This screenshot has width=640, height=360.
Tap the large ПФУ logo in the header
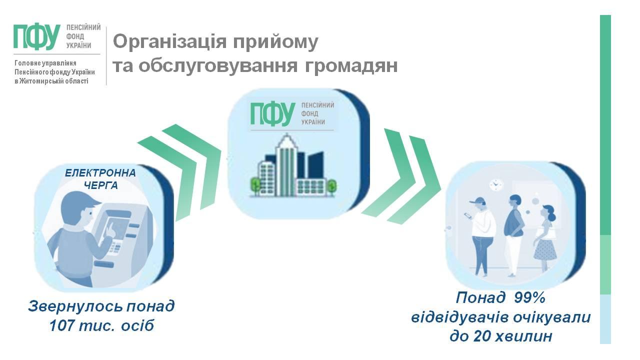pos(37,37)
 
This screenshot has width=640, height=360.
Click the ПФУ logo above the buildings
pos(273,114)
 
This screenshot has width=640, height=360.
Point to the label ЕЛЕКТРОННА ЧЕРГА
pos(100,179)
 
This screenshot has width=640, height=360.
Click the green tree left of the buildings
pos(255,185)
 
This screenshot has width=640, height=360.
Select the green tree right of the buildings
pos(331,186)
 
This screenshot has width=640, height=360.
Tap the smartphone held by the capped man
pos(468,215)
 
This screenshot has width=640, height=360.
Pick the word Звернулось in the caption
pos(75,306)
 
